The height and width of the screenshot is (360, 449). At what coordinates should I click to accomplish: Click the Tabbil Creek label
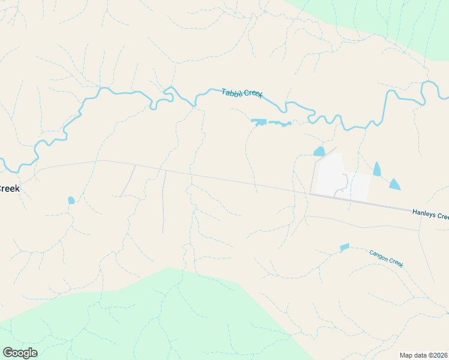tap(242, 94)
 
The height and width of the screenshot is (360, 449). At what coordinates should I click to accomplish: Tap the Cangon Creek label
tap(386, 259)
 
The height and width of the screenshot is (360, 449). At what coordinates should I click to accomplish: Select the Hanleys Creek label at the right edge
tap(430, 214)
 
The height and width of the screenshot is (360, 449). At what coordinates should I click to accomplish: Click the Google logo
tap(20, 352)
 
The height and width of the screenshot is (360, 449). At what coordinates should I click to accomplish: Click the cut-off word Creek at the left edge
tap(9, 188)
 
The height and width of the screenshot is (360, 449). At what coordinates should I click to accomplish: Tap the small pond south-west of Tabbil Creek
tap(71, 200)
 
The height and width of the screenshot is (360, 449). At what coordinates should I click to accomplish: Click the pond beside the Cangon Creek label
tap(344, 247)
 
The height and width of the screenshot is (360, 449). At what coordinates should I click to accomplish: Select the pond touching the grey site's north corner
tap(319, 151)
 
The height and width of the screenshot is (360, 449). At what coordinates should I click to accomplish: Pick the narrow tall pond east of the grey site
tap(376, 169)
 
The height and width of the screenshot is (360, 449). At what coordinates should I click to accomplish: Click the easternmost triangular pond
tap(394, 184)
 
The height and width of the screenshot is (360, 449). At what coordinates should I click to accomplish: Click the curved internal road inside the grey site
tap(342, 183)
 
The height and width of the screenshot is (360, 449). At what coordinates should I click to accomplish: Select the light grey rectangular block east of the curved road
tap(357, 187)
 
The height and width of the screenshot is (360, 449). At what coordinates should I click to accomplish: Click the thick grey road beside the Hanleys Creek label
tap(384, 206)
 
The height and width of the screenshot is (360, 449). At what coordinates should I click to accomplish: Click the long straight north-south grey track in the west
tap(163, 201)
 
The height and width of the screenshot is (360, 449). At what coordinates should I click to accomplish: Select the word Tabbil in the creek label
tap(232, 92)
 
